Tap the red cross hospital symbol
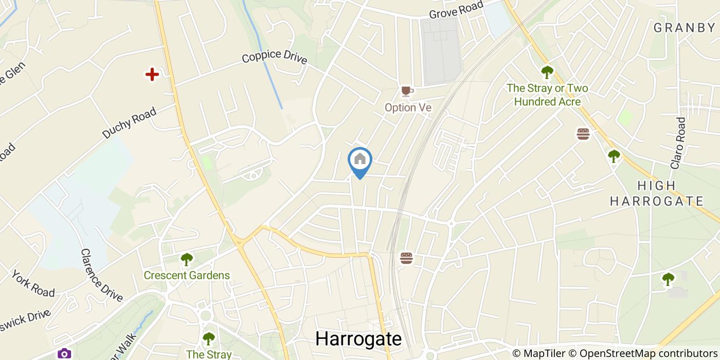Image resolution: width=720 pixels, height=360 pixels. tap(152, 75)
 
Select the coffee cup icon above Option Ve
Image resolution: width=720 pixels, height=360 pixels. tap(407, 92)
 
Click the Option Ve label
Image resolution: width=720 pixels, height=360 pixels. tap(408, 107)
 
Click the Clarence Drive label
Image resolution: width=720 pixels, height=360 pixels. tap(101, 276)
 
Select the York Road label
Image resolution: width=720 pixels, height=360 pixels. tap(33, 283)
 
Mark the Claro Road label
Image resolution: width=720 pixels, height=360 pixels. tap(678, 143)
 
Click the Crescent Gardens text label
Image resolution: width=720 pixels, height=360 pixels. tap(187, 275)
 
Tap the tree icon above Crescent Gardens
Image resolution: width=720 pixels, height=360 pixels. tap(186, 259)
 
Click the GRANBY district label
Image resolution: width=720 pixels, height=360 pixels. tap(684, 28)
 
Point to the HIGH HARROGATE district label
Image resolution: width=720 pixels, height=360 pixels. tap(656, 193)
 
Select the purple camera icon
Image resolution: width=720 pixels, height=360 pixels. tap(64, 353)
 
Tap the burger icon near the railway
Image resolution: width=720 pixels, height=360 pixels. tap(406, 258)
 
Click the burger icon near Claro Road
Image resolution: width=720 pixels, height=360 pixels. tap(583, 134)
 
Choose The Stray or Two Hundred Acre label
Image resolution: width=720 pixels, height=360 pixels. tap(547, 95)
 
